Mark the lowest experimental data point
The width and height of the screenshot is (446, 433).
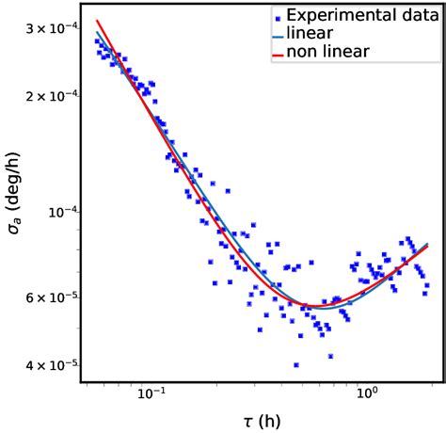coord(296,365)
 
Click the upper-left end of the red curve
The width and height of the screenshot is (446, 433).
coord(97,21)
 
